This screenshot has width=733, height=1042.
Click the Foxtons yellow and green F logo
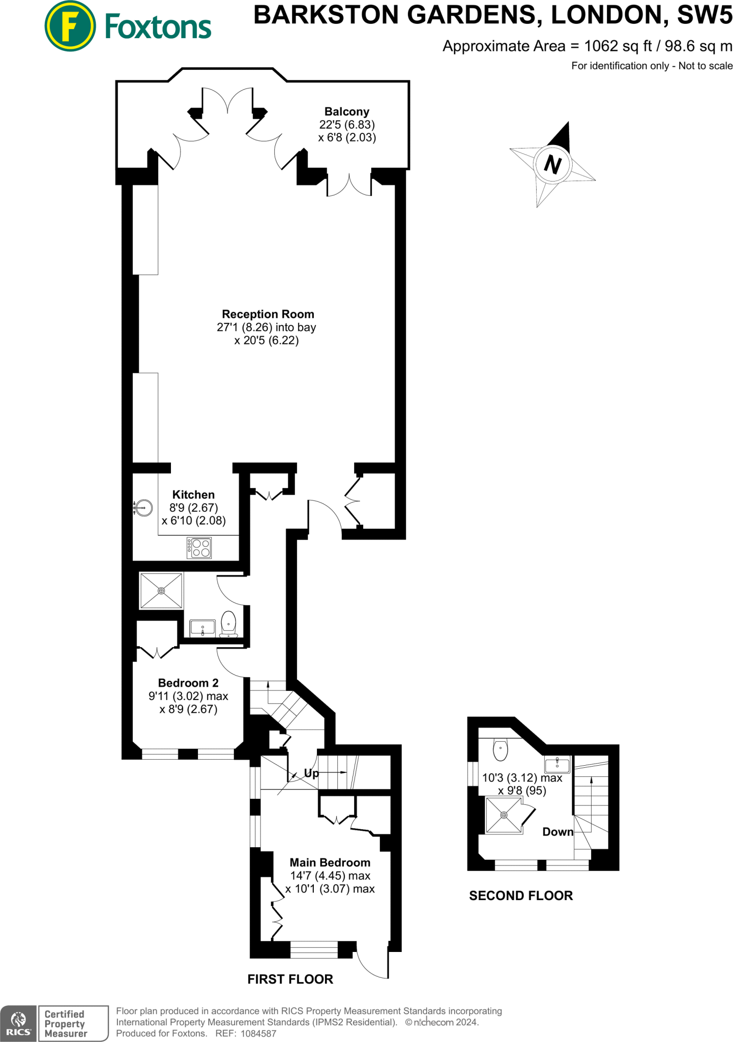(x=70, y=26)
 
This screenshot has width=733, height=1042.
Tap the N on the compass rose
(x=553, y=164)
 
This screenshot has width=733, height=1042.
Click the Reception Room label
(x=268, y=314)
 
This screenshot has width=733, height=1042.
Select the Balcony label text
(x=347, y=111)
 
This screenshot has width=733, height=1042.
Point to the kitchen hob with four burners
(x=199, y=547)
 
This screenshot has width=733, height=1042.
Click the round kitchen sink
(x=144, y=508)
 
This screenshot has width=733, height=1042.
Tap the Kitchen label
(x=193, y=495)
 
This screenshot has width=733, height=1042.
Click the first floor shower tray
(x=161, y=591)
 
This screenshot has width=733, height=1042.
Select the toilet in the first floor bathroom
(x=229, y=623)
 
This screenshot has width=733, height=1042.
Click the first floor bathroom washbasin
(x=202, y=628)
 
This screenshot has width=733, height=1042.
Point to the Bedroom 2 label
(x=188, y=683)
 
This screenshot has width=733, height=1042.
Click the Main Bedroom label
(x=330, y=862)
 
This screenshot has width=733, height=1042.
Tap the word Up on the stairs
(x=311, y=773)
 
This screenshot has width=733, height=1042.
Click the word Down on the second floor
(x=558, y=832)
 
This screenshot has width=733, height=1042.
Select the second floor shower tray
(x=504, y=815)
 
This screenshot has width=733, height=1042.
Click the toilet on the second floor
(x=501, y=750)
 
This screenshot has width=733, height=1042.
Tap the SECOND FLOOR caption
(x=521, y=895)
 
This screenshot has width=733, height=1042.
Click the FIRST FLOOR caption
(x=290, y=979)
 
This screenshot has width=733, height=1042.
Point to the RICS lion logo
(x=18, y=1023)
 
